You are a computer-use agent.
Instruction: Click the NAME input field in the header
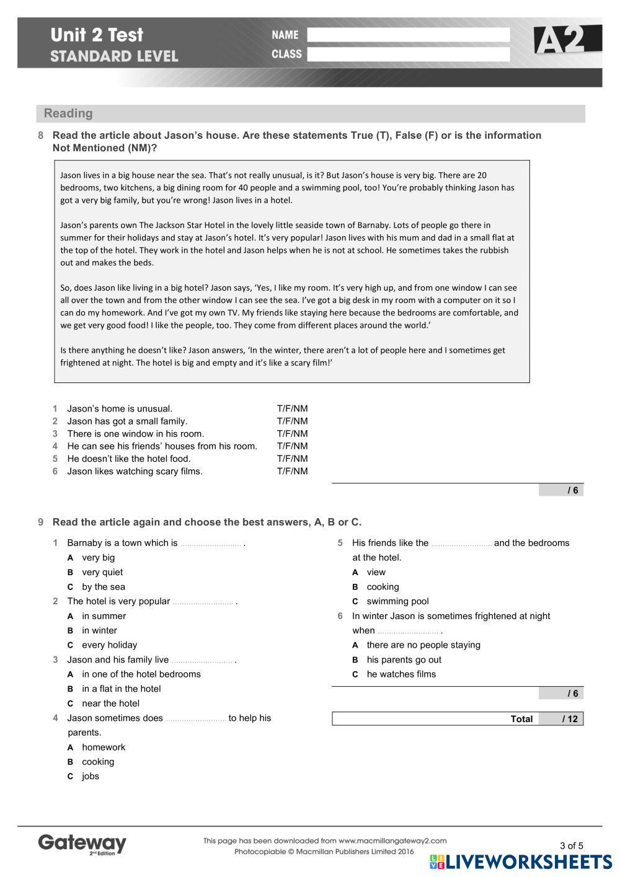tap(408, 35)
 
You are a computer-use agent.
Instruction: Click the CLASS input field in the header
tap(408, 55)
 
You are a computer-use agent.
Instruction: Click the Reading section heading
tap(68, 113)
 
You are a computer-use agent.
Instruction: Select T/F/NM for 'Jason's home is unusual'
tap(292, 408)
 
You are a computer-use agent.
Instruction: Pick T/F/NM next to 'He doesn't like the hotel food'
tap(292, 459)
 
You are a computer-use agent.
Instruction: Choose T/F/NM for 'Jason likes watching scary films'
tap(292, 471)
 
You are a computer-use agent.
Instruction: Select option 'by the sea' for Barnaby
tap(103, 587)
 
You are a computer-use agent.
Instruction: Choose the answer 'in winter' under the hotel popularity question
tap(99, 630)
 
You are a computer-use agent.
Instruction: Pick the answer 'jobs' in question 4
tap(91, 776)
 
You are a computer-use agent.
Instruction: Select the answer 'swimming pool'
tap(397, 601)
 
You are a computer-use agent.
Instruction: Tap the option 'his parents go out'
tap(404, 659)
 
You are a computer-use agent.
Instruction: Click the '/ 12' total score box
tap(561, 719)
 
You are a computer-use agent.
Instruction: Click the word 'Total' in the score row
tap(521, 719)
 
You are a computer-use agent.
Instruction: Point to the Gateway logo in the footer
tap(82, 844)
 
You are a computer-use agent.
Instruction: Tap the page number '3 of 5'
tap(572, 845)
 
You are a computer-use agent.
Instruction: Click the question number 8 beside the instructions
tap(41, 135)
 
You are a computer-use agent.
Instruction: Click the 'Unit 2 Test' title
tap(97, 35)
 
